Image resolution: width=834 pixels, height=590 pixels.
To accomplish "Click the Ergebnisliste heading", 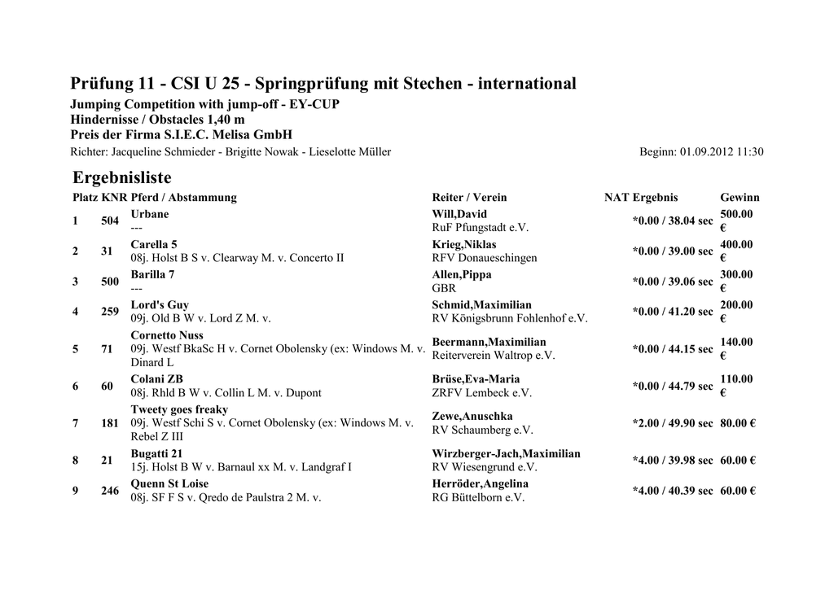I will click(122, 177).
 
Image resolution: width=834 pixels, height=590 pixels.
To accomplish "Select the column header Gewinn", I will click(740, 197).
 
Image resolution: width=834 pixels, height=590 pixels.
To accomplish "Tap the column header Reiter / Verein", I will click(469, 197).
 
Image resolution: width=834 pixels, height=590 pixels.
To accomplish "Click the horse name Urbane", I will click(150, 214).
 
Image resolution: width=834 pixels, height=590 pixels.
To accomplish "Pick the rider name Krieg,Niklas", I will click(464, 244).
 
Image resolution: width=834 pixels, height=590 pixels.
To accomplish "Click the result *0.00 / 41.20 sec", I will click(672, 312).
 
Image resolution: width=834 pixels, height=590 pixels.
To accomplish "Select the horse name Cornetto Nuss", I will click(167, 335).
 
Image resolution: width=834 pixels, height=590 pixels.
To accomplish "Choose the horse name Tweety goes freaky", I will click(179, 409).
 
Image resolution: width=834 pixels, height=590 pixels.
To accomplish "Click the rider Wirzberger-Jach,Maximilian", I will click(506, 453).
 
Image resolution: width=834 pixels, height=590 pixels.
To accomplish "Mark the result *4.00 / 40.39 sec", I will click(672, 491).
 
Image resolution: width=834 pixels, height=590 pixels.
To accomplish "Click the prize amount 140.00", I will click(736, 342).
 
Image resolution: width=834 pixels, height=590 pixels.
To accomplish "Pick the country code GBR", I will click(444, 288).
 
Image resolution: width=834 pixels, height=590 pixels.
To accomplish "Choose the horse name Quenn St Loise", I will click(169, 483).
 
